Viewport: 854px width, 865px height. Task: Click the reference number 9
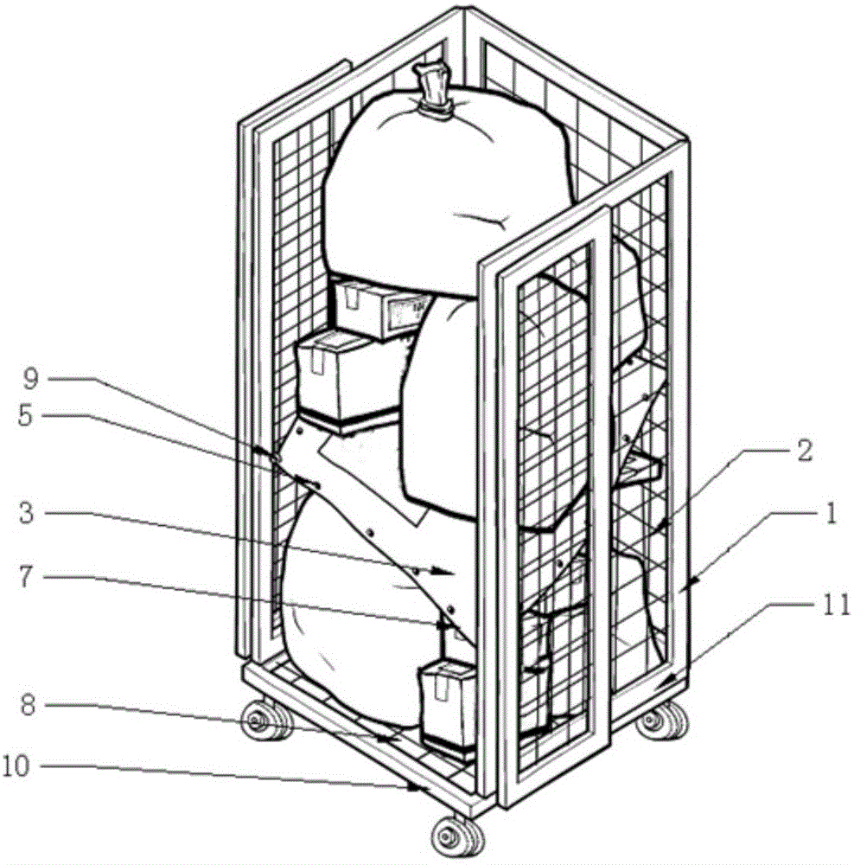point(31,380)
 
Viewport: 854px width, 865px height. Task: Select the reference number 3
point(25,513)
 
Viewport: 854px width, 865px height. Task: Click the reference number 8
point(28,706)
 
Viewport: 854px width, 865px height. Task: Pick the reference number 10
point(16,766)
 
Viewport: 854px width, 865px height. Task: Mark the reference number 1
point(832,512)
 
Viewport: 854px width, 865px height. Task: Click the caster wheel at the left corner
point(267,720)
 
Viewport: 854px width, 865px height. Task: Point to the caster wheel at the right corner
point(664,720)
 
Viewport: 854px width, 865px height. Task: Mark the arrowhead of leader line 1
point(692,580)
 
